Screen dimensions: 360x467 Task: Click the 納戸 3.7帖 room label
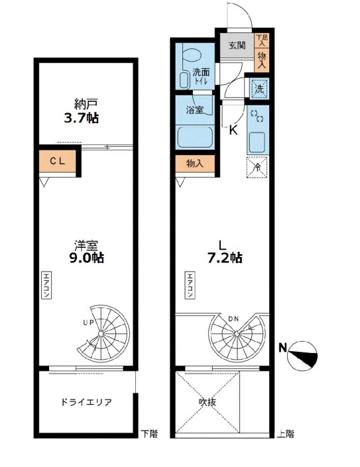pyautogui.click(x=82, y=112)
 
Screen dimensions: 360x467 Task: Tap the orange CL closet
pyautogui.click(x=57, y=161)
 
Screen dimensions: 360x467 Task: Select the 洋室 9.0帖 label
pyautogui.click(x=86, y=252)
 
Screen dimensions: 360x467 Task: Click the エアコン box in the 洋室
pyautogui.click(x=46, y=285)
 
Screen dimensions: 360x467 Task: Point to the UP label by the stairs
pyautogui.click(x=89, y=322)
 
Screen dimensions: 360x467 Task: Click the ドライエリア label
pyautogui.click(x=86, y=402)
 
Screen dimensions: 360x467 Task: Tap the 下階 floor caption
pyautogui.click(x=149, y=434)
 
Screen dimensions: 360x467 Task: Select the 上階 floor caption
pyautogui.click(x=286, y=434)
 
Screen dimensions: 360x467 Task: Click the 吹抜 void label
pyautogui.click(x=208, y=402)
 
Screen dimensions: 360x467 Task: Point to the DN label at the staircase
pyautogui.click(x=233, y=319)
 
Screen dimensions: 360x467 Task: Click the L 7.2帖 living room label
pyautogui.click(x=224, y=252)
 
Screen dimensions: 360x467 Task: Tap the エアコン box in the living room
pyautogui.click(x=190, y=285)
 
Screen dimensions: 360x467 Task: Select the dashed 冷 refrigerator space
pyautogui.click(x=257, y=167)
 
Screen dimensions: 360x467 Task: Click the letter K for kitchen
pyautogui.click(x=233, y=130)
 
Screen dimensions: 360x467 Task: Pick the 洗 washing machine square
pyautogui.click(x=259, y=89)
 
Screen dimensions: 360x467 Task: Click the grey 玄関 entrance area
pyautogui.click(x=237, y=46)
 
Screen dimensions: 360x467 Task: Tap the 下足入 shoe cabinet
pyautogui.click(x=262, y=40)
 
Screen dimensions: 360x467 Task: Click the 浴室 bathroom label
pyautogui.click(x=195, y=110)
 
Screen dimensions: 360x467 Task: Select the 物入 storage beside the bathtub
pyautogui.click(x=195, y=164)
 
